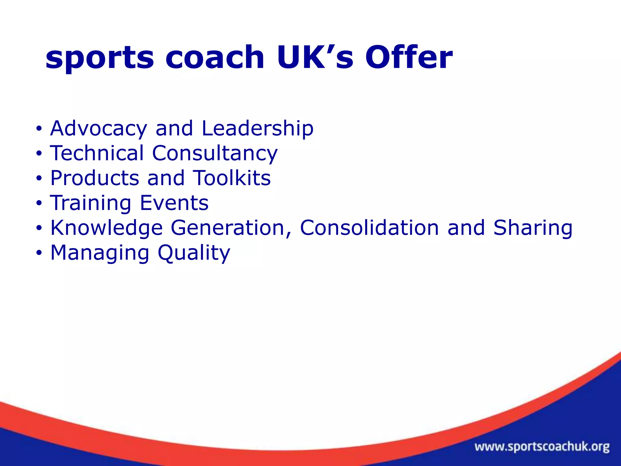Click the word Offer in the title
(x=408, y=58)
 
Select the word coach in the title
(x=215, y=58)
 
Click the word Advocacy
(x=99, y=129)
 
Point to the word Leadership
(x=257, y=129)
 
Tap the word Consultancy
(x=215, y=154)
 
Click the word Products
(x=95, y=178)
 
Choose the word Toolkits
(x=232, y=178)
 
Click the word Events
(x=174, y=203)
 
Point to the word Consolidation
(x=369, y=228)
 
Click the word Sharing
(x=533, y=228)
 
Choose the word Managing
(x=100, y=253)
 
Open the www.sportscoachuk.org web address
(x=542, y=447)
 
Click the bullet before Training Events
(x=39, y=203)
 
